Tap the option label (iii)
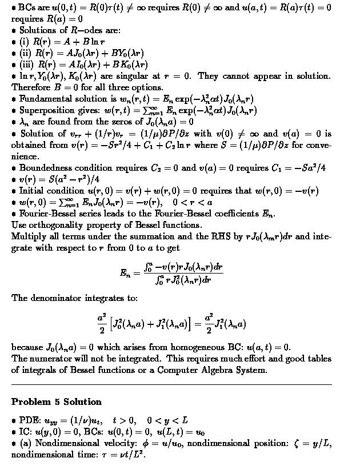coord(27,65)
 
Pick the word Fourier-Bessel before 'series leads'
coord(47,214)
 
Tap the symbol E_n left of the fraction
coord(126,273)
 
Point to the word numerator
coord(51,359)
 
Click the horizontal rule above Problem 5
coord(171,385)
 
